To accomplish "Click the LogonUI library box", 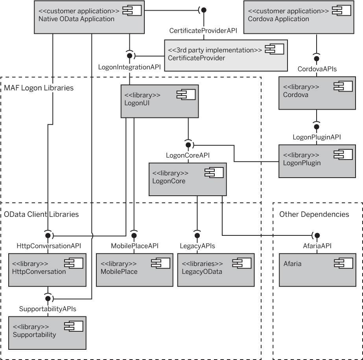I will coord(159,101).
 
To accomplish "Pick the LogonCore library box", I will coord(188,179).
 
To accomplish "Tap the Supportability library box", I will coord(47,332).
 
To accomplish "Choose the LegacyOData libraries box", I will coord(216,269).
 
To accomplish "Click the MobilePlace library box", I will coord(135,269).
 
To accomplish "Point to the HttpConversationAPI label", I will coord(49,246).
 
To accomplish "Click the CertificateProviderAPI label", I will coord(203,31).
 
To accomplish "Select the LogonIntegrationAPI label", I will coord(129,67).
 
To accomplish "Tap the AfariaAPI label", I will coord(317,246).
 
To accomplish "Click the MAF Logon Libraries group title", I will coord(39,88).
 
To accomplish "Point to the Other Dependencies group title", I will coord(314,214).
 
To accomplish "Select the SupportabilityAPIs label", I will coord(48,309).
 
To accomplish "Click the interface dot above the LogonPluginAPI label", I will coord(317,127).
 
